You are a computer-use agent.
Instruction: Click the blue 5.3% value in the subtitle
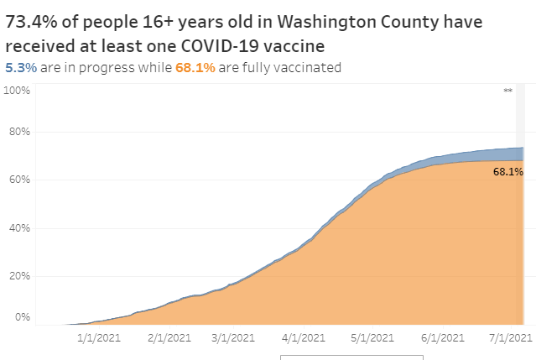click(20, 68)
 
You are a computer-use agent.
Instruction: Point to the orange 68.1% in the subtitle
click(190, 68)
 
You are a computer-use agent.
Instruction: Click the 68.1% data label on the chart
click(508, 171)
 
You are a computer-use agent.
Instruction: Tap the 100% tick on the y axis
click(17, 89)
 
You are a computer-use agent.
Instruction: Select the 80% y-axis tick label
click(18, 132)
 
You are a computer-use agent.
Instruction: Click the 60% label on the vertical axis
click(18, 180)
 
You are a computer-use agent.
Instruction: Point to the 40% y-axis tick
click(18, 227)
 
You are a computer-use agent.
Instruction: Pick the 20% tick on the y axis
click(18, 275)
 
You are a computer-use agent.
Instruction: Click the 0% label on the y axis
click(21, 317)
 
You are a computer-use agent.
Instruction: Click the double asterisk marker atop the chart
click(507, 90)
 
